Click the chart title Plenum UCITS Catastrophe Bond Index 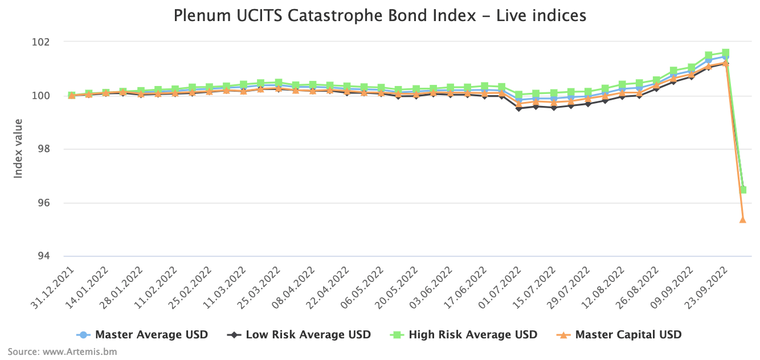point(380,16)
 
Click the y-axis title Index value point(18,148)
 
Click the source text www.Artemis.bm point(62,351)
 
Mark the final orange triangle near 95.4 point(743,219)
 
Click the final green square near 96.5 point(743,190)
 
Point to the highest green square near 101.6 point(725,53)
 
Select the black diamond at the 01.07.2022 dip point(518,108)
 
